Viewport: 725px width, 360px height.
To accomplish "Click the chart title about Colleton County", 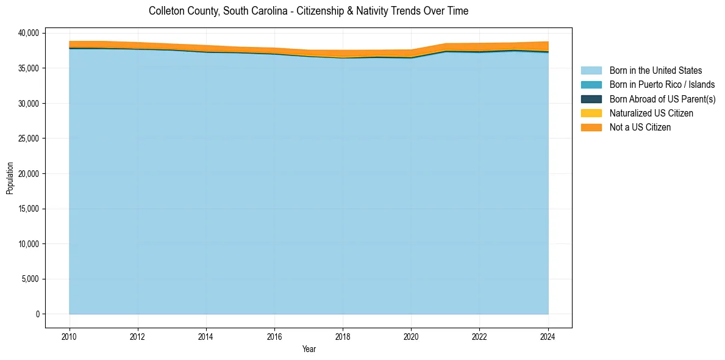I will (x=309, y=11).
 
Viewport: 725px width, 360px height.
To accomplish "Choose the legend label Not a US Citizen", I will (x=640, y=128).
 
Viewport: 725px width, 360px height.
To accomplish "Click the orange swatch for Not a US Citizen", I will (x=591, y=128).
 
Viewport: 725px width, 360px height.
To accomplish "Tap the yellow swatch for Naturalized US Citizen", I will (x=591, y=113).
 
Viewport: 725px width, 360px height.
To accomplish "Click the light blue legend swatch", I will (x=591, y=71).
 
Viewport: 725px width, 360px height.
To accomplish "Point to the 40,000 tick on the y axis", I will (x=29, y=33).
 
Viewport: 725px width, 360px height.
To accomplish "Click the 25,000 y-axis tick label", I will (x=29, y=139).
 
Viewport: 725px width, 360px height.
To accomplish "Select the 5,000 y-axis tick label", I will (x=31, y=279).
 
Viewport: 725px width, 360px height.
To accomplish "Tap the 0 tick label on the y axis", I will (x=37, y=314).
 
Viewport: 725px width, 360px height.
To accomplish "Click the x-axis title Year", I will (x=309, y=349).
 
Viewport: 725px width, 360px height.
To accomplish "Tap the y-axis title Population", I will (x=10, y=178).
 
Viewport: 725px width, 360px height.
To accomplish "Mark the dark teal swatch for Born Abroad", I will (x=591, y=99).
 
